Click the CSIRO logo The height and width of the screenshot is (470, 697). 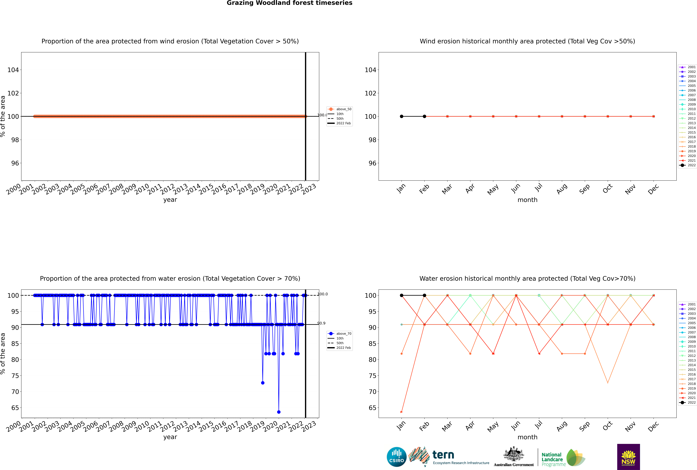point(396,457)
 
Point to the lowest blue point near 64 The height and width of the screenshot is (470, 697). point(279,412)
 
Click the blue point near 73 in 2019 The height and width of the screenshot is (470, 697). point(263,383)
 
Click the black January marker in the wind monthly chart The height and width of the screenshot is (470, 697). point(402,116)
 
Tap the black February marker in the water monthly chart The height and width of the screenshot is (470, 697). point(424,295)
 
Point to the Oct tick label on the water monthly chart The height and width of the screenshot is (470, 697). point(607,426)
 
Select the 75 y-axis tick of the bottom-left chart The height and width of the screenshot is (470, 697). point(15,376)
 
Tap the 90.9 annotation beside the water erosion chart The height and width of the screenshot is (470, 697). point(322,323)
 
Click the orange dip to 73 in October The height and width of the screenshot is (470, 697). point(608,383)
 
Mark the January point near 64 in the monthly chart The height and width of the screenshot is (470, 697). point(402,412)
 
